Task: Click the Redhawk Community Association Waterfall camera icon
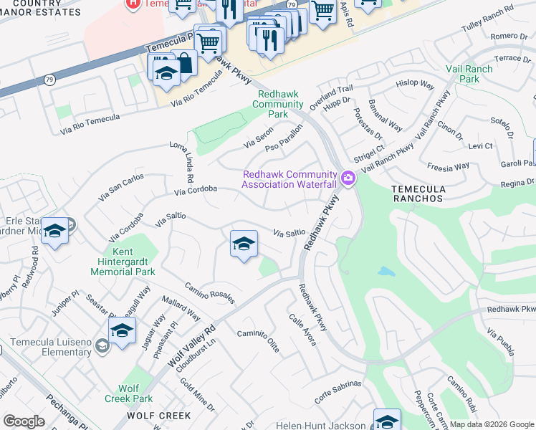tap(349, 178)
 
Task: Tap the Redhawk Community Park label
tap(277, 103)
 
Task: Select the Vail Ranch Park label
tap(480, 73)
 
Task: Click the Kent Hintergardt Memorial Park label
tap(134, 262)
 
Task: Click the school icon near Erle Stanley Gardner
tap(54, 231)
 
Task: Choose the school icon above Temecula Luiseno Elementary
tap(123, 331)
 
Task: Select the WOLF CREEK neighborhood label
tap(159, 416)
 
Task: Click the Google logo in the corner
tap(24, 421)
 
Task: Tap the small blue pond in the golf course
tap(386, 272)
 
